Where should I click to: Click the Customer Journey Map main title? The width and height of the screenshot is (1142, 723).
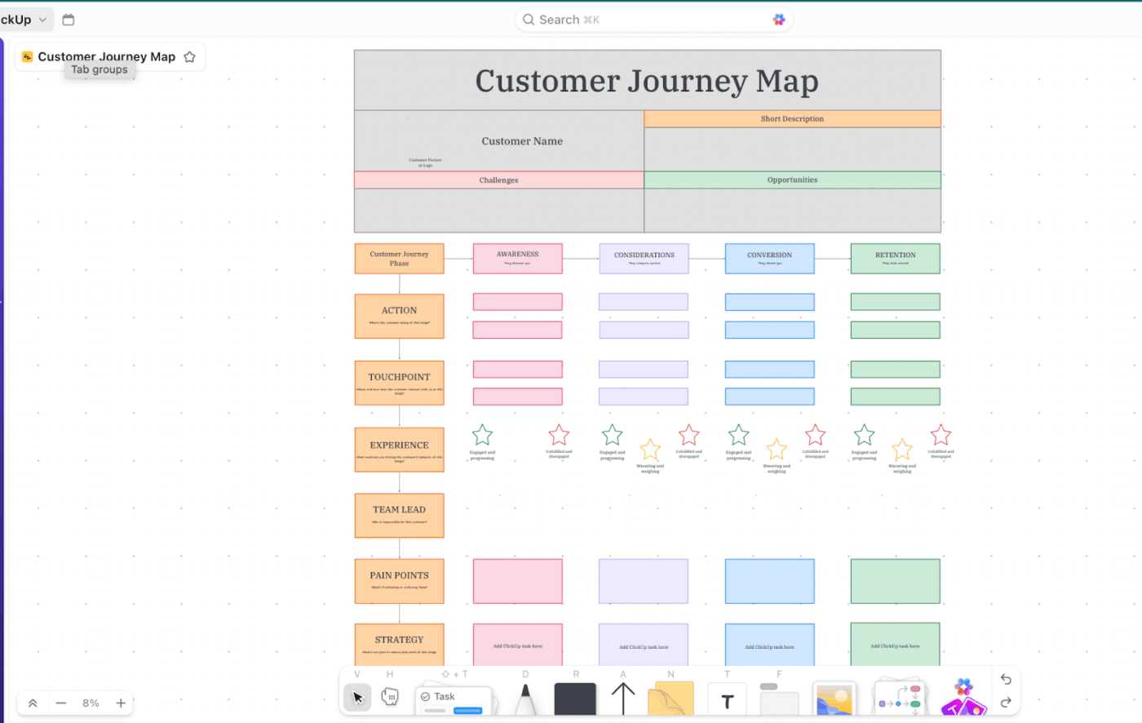coord(646,82)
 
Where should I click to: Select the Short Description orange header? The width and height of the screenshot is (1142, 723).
coord(792,119)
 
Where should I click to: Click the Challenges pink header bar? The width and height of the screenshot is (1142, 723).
coord(498,180)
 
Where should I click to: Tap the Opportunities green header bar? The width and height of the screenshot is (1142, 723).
coord(792,180)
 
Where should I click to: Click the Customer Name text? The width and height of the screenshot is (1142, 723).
coord(522,141)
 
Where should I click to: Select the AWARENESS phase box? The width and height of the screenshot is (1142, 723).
coord(517,258)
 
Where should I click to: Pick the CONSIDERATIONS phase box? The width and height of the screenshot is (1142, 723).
coord(644,258)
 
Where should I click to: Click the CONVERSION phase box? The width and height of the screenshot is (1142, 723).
coord(769,258)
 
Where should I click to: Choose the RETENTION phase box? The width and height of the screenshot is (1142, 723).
coord(895,258)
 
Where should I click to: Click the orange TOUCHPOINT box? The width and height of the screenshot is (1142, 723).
coord(399,383)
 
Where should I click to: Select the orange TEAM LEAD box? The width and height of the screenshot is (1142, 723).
coord(399,515)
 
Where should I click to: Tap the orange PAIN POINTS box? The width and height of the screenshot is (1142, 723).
coord(399,580)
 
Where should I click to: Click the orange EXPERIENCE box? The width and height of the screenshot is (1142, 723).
coord(399,450)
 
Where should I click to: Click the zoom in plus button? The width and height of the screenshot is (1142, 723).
coord(121,703)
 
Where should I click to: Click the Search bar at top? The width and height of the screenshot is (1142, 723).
coord(653,20)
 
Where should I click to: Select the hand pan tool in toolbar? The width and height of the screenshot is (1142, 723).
coord(390,697)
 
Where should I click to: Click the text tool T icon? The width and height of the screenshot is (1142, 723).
coord(728,701)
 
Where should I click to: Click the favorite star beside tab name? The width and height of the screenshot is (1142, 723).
coord(189,57)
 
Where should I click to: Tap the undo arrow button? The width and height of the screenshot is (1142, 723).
coord(1006,680)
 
